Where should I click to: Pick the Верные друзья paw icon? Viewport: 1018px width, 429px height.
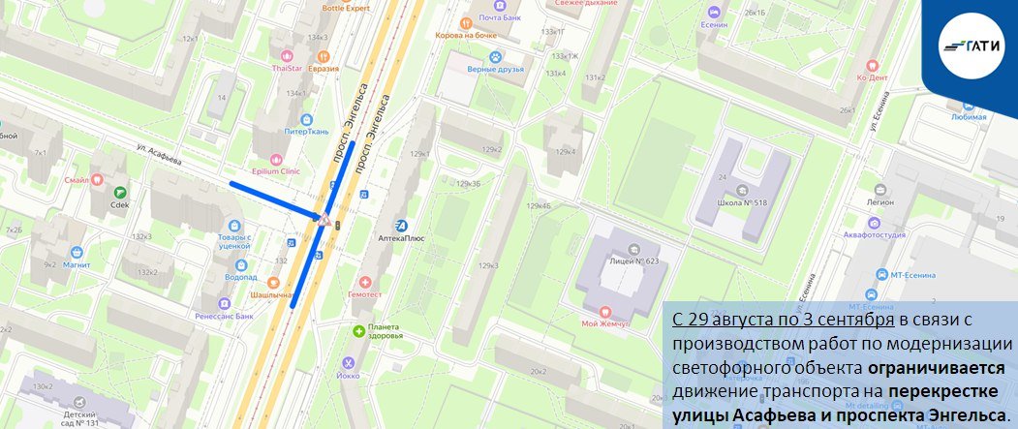click(497, 57)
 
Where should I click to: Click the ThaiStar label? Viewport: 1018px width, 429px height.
click(287, 68)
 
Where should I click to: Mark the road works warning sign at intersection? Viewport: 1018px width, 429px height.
click(320, 222)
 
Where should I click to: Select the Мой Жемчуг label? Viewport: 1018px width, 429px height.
click(607, 322)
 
